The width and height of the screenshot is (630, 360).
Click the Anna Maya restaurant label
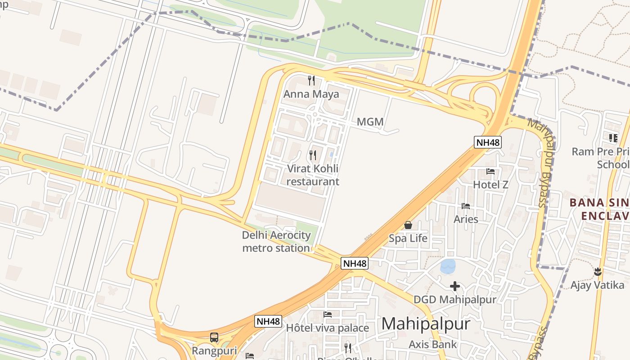(311, 94)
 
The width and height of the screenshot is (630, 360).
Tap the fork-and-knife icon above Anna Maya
(311, 81)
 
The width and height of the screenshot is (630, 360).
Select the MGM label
(370, 121)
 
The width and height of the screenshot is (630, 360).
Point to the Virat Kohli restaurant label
(313, 175)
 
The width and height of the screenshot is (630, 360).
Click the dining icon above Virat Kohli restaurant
(313, 155)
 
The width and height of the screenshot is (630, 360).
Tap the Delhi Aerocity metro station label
(276, 242)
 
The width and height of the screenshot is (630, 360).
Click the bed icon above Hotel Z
(490, 171)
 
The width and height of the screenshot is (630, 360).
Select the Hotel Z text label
(490, 184)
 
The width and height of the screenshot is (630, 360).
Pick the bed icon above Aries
(466, 206)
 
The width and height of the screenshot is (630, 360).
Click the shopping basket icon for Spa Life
(408, 225)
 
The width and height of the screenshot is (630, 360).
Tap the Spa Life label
(408, 238)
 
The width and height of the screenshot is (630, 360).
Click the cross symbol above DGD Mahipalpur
(455, 286)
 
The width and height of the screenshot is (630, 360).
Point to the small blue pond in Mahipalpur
(448, 266)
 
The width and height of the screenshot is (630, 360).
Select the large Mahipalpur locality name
(426, 324)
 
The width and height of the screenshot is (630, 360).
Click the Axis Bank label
(432, 345)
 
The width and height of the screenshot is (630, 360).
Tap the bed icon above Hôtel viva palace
(328, 314)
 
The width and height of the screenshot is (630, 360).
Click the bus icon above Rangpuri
(214, 337)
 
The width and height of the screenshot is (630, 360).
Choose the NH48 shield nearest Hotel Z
(488, 142)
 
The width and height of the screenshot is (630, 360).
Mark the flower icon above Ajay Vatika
(598, 271)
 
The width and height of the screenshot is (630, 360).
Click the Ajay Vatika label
(598, 285)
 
